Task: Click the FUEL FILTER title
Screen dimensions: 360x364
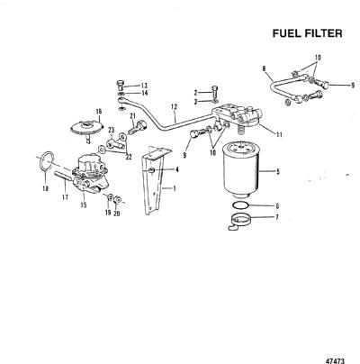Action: tap(307, 33)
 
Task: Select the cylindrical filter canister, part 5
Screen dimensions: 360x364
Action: tap(239, 170)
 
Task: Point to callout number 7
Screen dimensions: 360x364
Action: tap(276, 217)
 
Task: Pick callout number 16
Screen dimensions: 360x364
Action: tap(99, 112)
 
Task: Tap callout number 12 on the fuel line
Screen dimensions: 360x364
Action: tap(175, 106)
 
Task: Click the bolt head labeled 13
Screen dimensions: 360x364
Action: tap(120, 85)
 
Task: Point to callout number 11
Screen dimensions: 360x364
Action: tap(279, 135)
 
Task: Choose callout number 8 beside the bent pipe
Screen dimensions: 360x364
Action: tap(264, 68)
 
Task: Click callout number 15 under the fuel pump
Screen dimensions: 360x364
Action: tap(84, 205)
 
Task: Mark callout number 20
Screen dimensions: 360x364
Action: tap(117, 214)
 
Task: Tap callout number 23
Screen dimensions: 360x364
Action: tap(112, 130)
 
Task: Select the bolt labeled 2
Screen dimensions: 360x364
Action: tap(215, 90)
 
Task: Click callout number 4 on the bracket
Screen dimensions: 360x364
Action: tap(177, 170)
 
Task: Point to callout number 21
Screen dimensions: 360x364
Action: tap(133, 116)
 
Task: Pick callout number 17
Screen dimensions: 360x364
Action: tap(65, 197)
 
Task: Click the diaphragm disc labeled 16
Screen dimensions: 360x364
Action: tap(86, 126)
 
